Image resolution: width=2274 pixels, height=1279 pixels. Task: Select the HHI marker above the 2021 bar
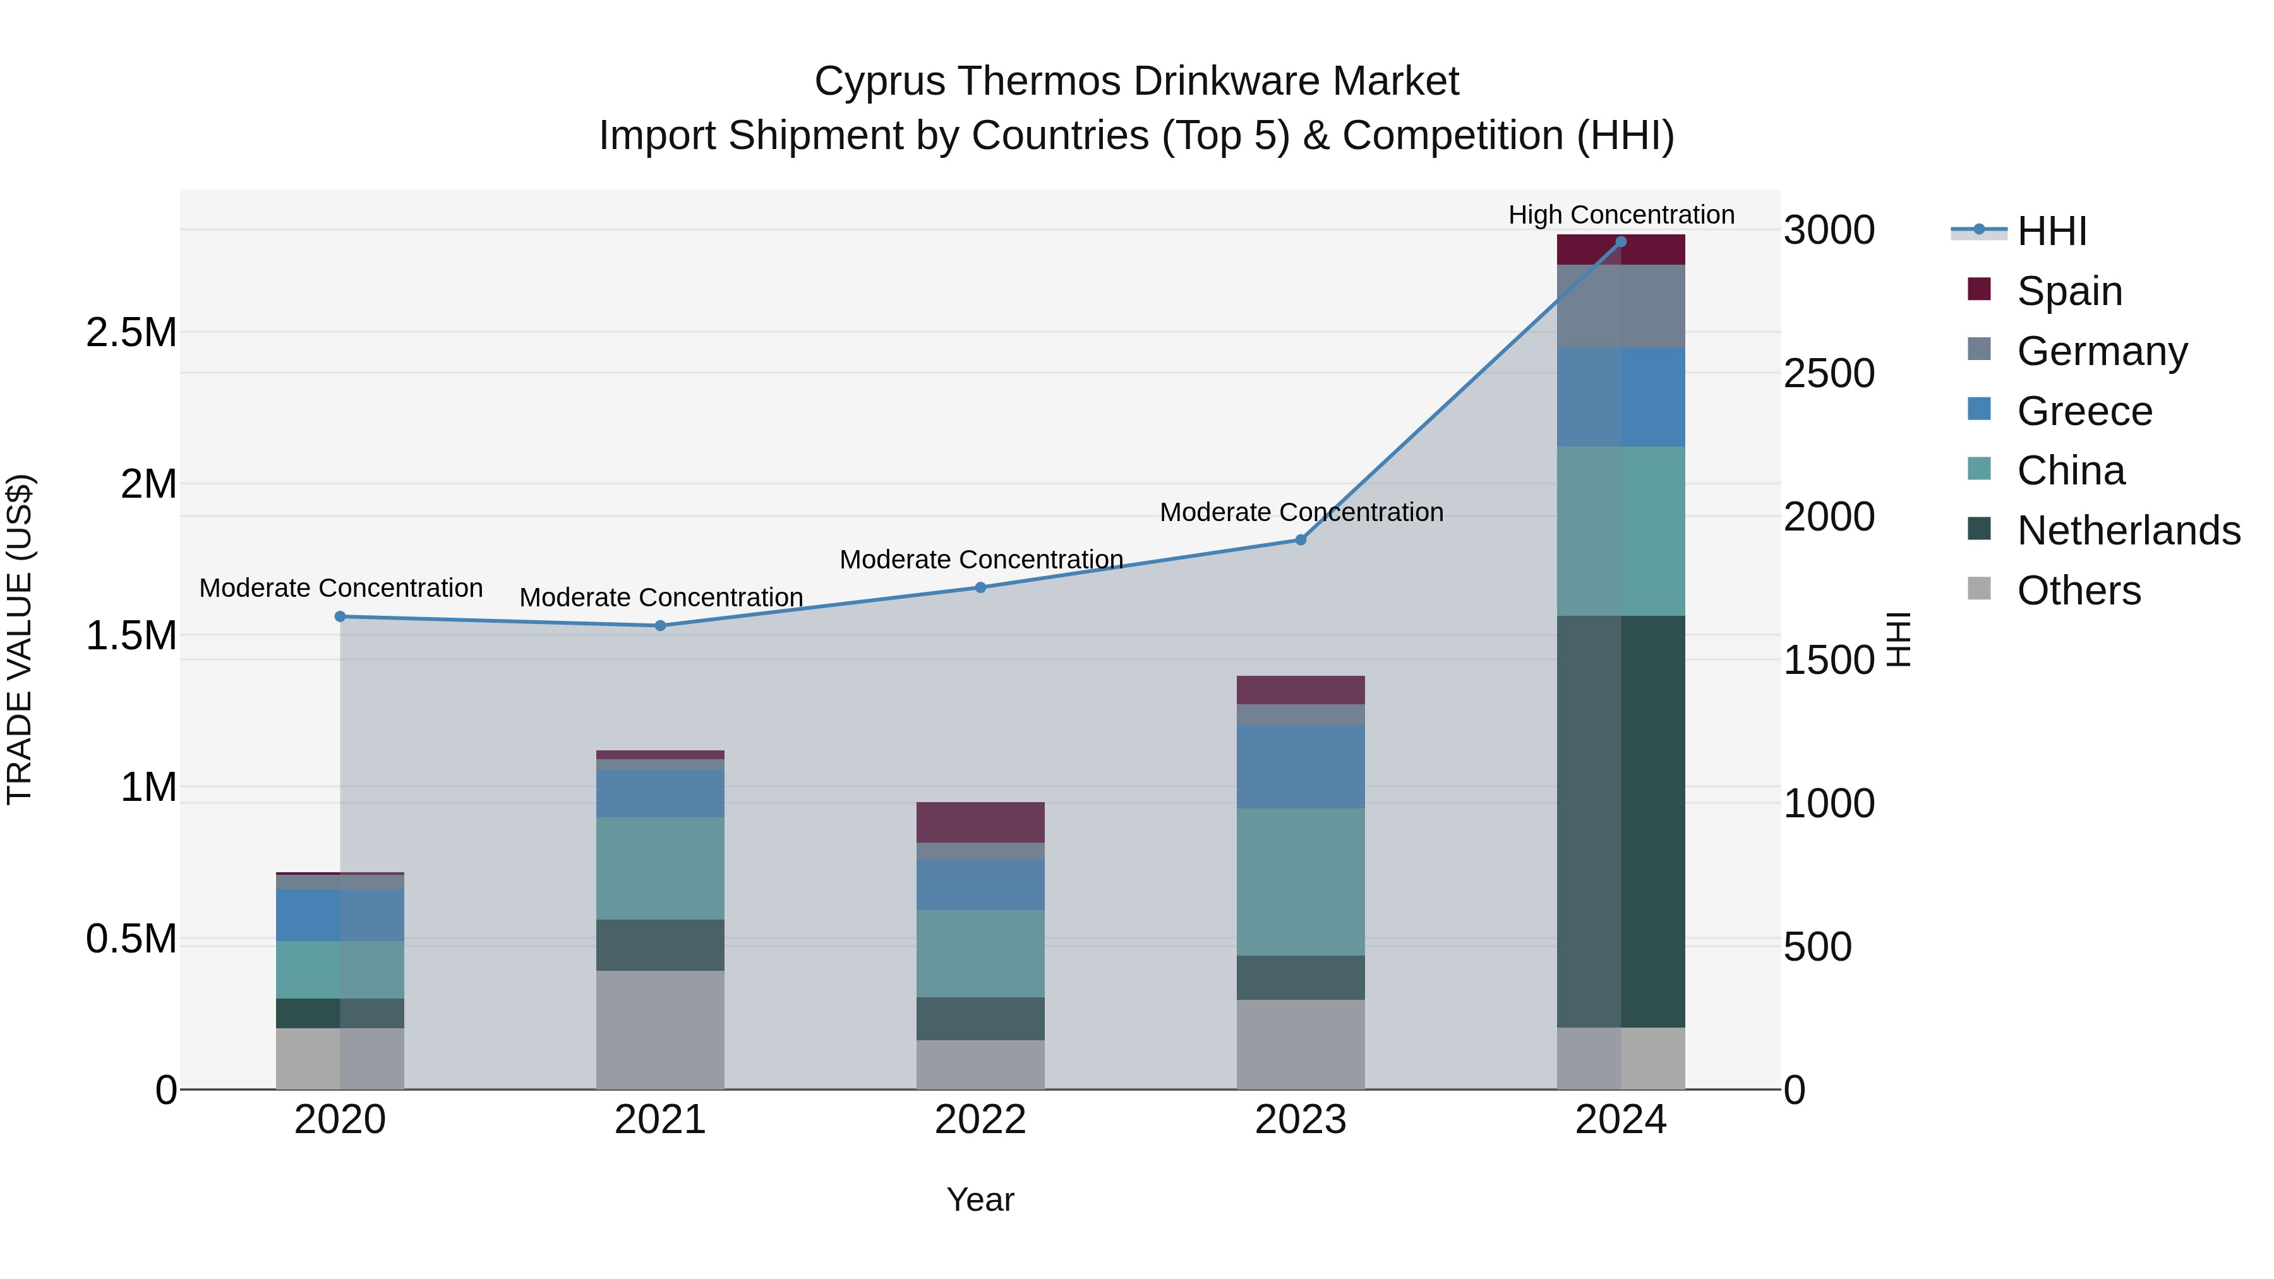(x=660, y=626)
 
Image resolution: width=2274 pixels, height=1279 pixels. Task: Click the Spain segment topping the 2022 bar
(x=980, y=822)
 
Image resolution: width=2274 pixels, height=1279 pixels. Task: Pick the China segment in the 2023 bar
(x=1301, y=882)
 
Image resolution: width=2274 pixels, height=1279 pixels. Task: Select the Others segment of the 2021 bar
(x=660, y=1030)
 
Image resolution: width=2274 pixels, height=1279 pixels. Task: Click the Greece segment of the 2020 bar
(x=340, y=915)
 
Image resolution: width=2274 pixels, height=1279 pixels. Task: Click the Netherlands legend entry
(x=2128, y=531)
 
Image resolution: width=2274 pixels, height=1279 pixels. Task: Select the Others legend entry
(x=2078, y=591)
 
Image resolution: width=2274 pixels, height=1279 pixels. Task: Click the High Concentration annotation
(x=1621, y=215)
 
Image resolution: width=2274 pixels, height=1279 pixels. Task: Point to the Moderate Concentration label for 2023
(x=1301, y=512)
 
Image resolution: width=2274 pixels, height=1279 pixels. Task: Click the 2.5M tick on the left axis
(x=131, y=333)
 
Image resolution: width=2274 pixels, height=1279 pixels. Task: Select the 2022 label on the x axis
(x=980, y=1120)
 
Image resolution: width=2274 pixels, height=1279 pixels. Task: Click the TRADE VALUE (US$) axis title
(x=20, y=639)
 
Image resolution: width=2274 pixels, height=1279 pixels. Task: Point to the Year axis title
(x=980, y=1199)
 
